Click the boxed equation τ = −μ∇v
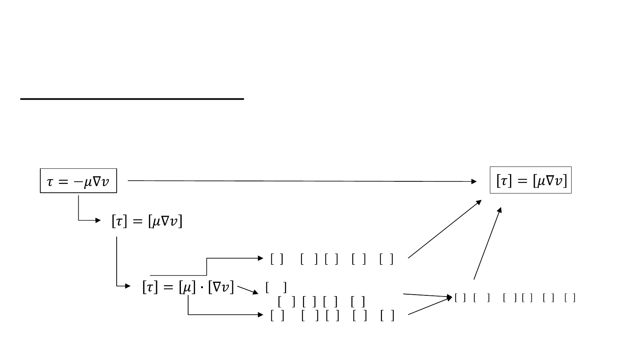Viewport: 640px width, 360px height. click(x=78, y=181)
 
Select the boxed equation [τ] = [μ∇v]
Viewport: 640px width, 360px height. click(x=531, y=180)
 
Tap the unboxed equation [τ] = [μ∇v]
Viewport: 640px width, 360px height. click(x=147, y=221)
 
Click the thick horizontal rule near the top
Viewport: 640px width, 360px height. click(x=132, y=99)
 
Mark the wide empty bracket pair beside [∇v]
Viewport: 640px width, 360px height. click(x=276, y=288)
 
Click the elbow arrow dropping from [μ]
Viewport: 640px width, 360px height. click(x=220, y=315)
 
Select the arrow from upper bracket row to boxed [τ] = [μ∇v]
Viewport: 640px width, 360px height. click(x=445, y=229)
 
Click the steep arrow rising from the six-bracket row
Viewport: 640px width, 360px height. click(x=488, y=243)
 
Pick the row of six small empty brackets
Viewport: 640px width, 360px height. click(x=515, y=298)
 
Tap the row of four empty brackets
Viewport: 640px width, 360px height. click(x=322, y=302)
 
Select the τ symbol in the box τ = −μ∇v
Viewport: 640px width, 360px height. click(x=50, y=182)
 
